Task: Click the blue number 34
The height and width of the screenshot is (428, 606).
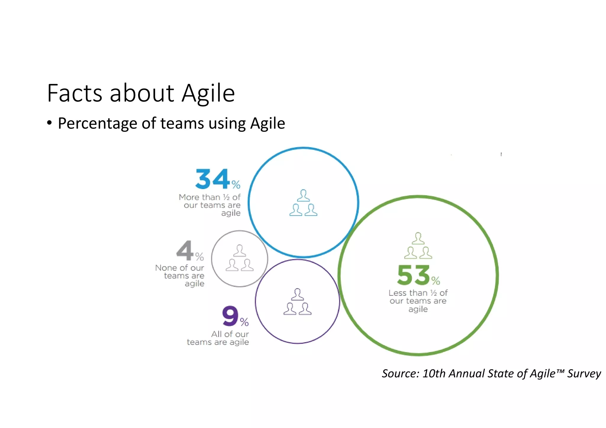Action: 212,179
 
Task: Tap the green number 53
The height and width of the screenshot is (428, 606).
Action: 413,275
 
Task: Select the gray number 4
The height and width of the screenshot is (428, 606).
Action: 185,250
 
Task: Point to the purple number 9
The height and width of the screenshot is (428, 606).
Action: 230,316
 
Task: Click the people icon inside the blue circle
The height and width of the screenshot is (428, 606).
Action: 303,203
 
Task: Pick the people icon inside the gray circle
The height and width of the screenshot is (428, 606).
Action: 240,258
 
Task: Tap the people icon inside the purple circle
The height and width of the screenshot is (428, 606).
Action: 297,302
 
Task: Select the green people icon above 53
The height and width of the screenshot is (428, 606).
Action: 418,246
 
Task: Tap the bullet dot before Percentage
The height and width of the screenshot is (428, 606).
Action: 49,123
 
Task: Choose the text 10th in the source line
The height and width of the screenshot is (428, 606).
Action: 434,374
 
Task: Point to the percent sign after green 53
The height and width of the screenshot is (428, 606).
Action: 436,280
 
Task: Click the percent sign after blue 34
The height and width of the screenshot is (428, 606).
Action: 236,185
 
